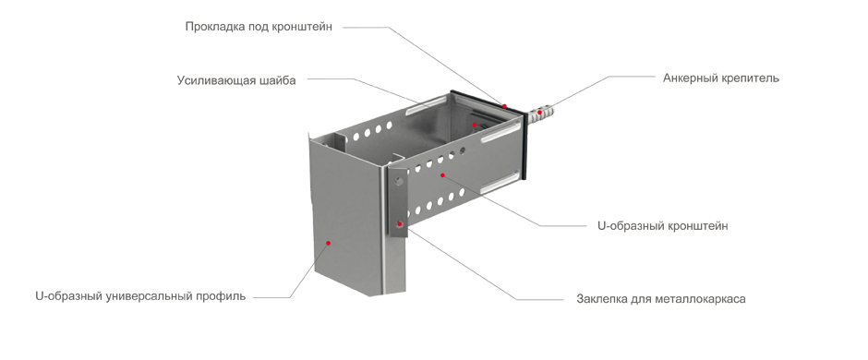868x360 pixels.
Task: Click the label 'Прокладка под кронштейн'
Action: click(259, 27)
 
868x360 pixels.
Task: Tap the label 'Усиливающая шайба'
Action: click(236, 80)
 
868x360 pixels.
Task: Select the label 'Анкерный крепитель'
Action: click(721, 78)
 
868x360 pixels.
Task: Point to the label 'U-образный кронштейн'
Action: click(663, 225)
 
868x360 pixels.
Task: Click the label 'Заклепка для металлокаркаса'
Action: click(661, 299)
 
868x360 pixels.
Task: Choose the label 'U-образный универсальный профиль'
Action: click(140, 296)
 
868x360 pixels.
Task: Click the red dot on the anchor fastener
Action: click(539, 113)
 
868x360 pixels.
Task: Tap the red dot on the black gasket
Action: click(504, 105)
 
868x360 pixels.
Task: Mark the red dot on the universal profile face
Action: click(328, 242)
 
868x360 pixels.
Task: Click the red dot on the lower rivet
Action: click(399, 224)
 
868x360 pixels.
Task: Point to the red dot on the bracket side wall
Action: click(442, 174)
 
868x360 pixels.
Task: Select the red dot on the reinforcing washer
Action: click(475, 125)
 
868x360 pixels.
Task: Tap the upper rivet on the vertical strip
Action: click(399, 181)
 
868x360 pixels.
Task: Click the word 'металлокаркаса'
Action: click(700, 299)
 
